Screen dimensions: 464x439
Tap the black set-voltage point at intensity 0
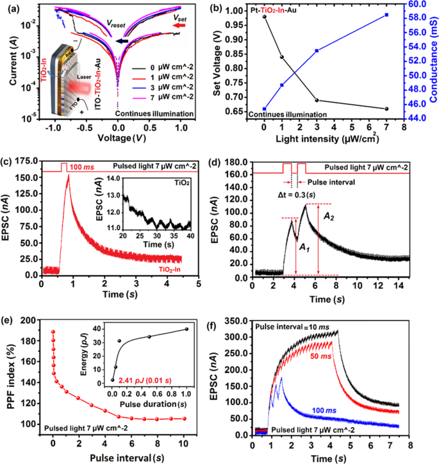264,17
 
